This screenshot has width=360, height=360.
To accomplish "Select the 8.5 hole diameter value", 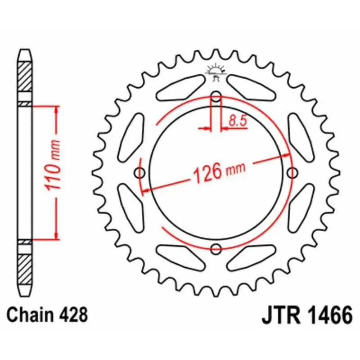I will pyautogui.click(x=237, y=120).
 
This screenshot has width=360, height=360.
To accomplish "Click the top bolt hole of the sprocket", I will pyautogui.click(x=216, y=96).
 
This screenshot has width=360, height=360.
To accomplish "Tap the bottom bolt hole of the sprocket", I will pyautogui.click(x=216, y=248).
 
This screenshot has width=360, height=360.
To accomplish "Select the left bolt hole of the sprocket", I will pyautogui.click(x=140, y=172).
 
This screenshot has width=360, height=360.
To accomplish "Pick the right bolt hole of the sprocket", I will pyautogui.click(x=292, y=172).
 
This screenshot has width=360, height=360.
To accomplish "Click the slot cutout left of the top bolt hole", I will pyautogui.click(x=180, y=88).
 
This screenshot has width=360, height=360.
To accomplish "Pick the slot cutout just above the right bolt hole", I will pyautogui.click(x=300, y=137).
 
